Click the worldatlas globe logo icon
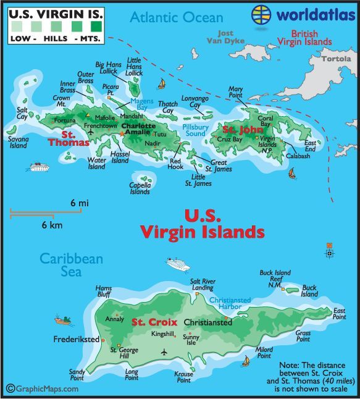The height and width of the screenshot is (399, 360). click(262, 14)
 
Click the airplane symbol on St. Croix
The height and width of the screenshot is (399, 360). click(164, 352)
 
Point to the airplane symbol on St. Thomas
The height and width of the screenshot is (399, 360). click(91, 132)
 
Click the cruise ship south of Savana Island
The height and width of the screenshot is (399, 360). click(38, 167)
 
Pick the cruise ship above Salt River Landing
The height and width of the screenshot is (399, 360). click(178, 264)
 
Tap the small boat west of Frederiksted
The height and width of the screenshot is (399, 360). click(62, 320)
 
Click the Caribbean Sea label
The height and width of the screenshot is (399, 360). click(72, 266)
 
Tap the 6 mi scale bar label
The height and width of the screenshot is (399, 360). click(80, 203)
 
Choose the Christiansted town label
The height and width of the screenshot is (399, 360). click(208, 322)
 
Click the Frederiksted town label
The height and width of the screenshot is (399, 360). click(77, 340)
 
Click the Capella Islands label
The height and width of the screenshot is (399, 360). click(140, 188)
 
